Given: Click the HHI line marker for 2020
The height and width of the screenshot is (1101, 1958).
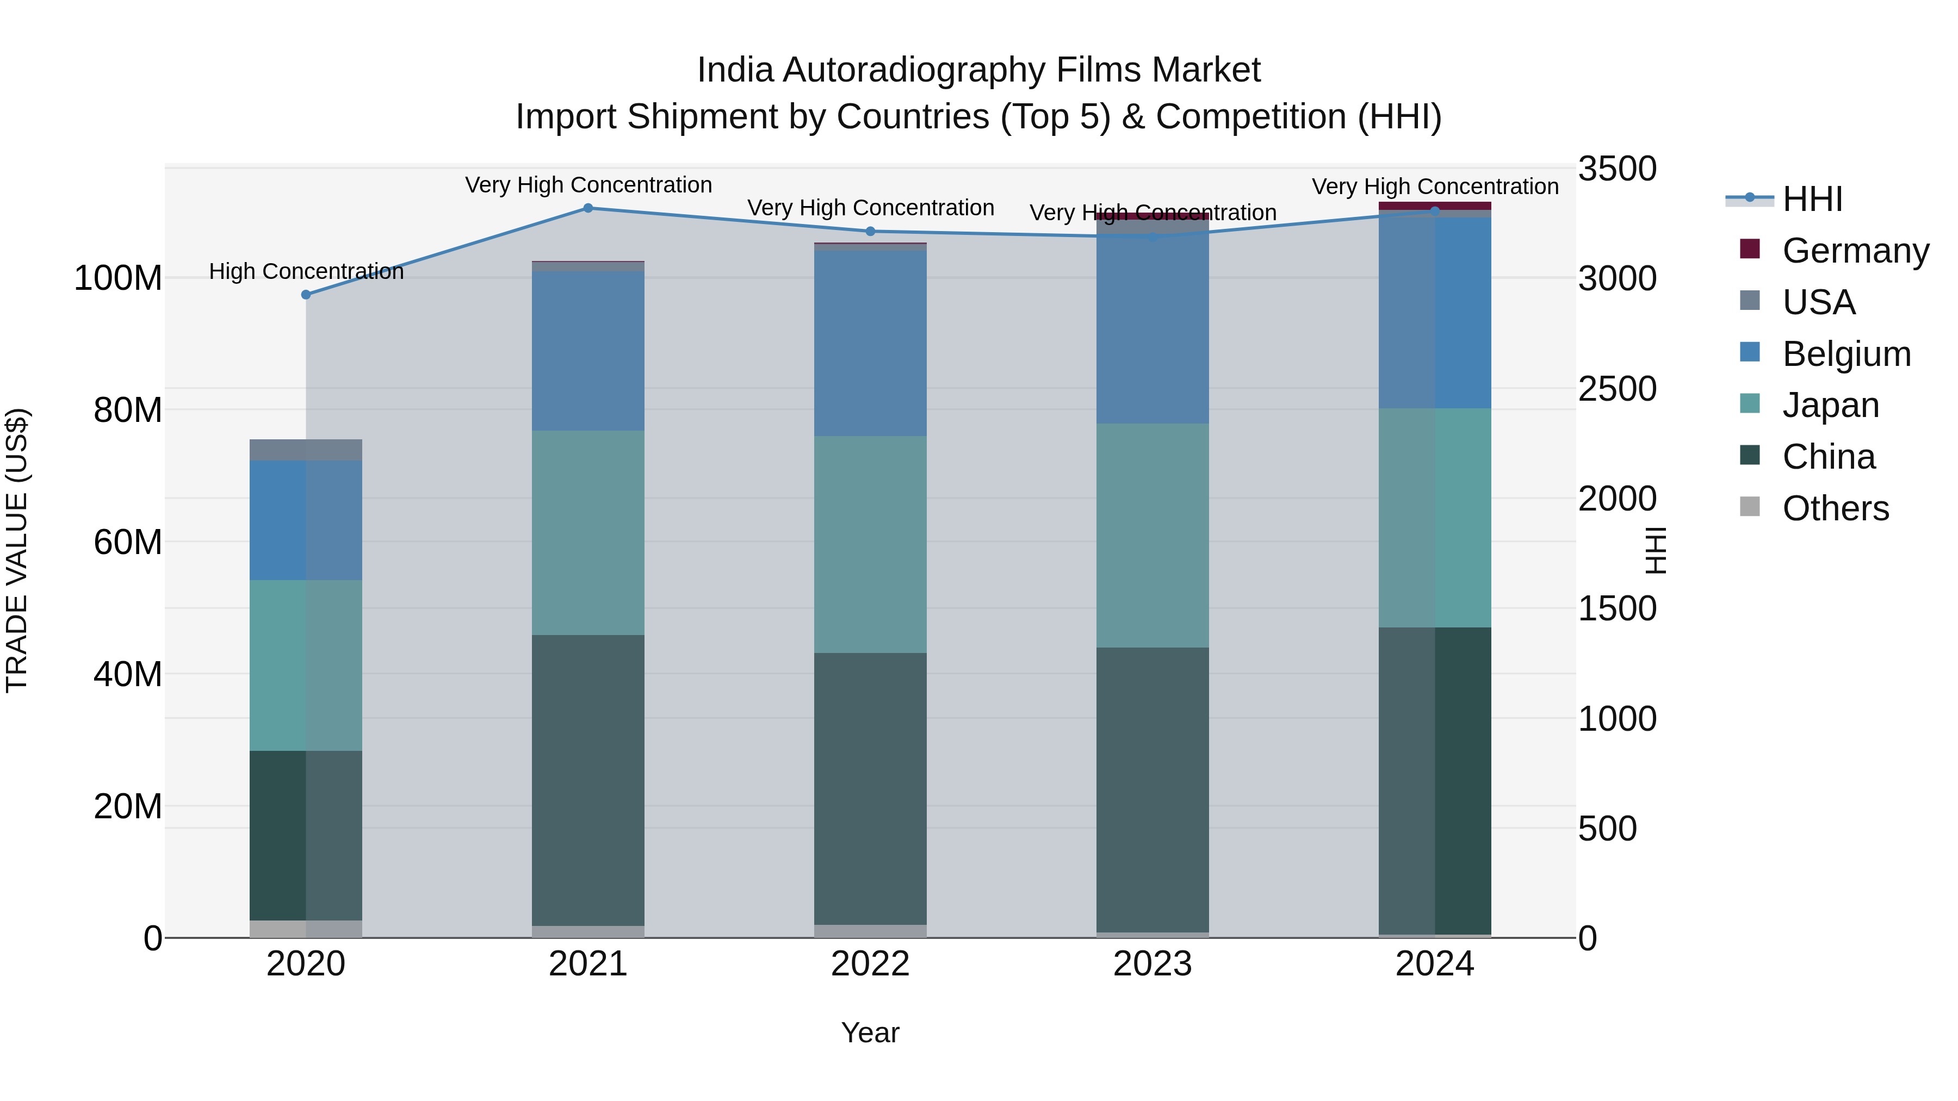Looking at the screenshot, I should point(306,295).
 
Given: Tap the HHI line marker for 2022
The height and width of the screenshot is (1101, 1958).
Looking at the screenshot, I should point(870,232).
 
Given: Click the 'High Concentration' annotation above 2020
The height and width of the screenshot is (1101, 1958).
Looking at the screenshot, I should point(306,271).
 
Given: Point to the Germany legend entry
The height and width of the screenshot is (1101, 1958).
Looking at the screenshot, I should point(1855,251).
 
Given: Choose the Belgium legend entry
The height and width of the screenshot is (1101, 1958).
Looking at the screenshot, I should point(1845,354).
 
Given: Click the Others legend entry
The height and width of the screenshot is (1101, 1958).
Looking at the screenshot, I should point(1835,508).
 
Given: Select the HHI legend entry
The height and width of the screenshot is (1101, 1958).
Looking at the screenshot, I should point(1812,199).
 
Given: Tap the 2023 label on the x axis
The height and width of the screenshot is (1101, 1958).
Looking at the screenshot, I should point(1153,964).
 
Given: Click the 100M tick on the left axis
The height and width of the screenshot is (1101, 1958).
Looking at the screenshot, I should point(118,278).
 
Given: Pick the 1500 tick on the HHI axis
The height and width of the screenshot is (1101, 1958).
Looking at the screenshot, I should point(1617,608).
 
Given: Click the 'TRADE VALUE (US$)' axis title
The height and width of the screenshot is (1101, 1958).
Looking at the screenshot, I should point(17,550).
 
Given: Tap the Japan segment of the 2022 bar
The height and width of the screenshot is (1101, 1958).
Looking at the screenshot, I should point(870,544).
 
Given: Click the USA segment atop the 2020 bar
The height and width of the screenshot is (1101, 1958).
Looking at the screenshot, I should point(306,450).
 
